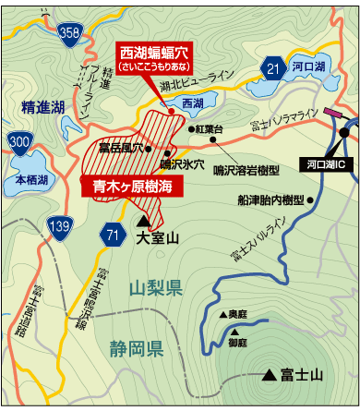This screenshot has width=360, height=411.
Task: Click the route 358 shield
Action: [69, 33]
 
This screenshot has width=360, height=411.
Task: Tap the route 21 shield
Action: [271, 67]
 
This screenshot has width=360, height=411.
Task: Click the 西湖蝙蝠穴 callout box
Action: [153, 57]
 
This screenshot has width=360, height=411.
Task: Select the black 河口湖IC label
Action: [324, 163]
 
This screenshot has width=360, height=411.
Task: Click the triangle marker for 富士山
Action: [269, 375]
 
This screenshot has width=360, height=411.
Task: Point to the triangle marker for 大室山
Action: [142, 222]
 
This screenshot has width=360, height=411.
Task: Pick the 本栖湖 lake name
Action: [31, 182]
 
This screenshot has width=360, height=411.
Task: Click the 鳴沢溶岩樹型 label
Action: [245, 169]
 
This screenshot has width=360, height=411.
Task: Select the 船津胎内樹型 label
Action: [270, 199]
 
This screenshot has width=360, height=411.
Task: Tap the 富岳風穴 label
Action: [121, 148]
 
